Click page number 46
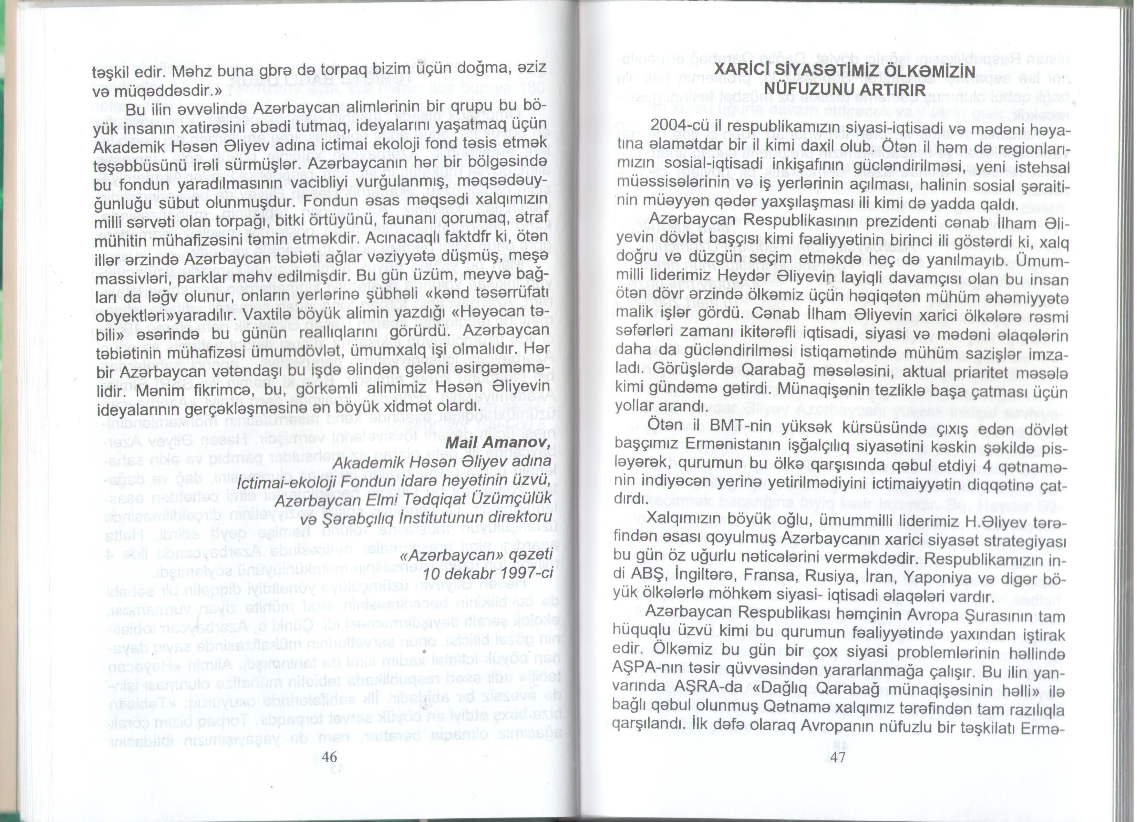coord(329,757)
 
